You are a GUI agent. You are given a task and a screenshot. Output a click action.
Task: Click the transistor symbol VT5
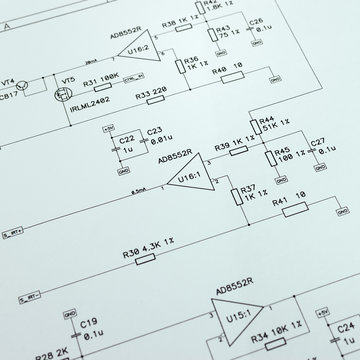tap(68, 97)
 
